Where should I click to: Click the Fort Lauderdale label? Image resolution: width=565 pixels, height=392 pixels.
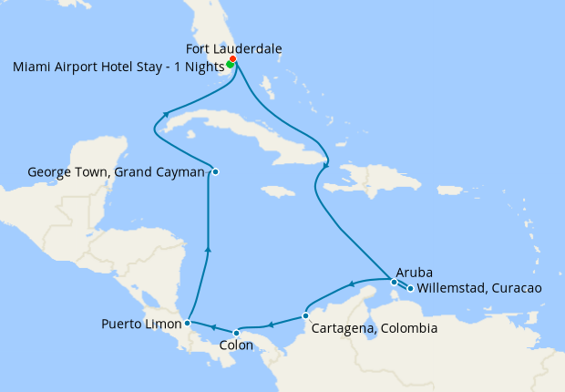[x=233, y=48]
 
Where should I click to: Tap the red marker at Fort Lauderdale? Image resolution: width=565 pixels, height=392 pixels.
[x=233, y=59]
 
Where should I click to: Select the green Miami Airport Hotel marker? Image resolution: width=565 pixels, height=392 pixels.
[x=230, y=64]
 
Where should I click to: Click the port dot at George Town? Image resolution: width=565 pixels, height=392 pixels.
[x=215, y=171]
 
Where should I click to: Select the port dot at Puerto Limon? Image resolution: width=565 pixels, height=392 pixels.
[x=187, y=322]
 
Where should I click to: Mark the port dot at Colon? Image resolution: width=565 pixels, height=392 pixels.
[x=236, y=332]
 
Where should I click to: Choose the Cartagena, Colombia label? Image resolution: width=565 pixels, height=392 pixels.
[x=375, y=328]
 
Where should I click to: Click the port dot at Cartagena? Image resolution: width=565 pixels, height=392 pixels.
[x=305, y=316]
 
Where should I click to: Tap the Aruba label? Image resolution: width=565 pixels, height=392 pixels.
[x=414, y=272]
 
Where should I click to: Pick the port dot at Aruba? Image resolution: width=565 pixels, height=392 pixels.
[x=394, y=282]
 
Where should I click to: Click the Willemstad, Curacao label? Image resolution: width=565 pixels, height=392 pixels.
[x=479, y=288]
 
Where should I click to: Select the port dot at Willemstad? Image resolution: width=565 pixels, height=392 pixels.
[x=410, y=289]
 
